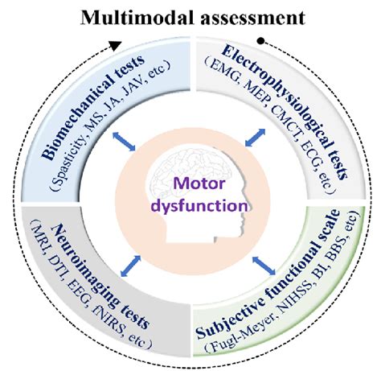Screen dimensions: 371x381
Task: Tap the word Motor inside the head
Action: [x=191, y=185]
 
